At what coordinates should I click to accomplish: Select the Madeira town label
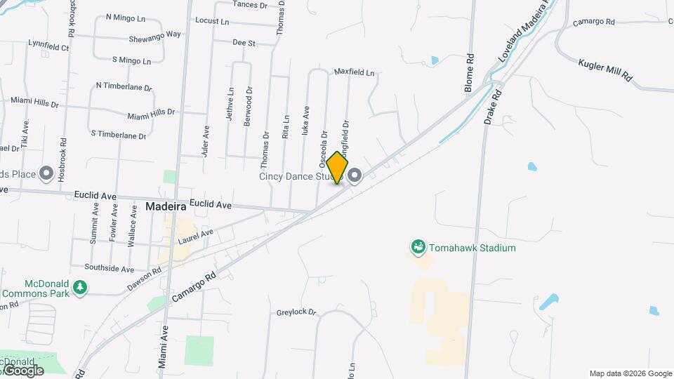166,207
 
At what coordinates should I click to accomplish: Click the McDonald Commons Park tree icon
81,287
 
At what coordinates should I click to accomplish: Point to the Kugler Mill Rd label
605,69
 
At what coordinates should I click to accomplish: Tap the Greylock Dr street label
296,312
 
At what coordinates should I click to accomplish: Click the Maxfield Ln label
354,72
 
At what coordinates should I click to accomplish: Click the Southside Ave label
109,269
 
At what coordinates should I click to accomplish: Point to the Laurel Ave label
195,237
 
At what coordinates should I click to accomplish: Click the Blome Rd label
469,74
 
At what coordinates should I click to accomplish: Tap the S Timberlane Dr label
118,134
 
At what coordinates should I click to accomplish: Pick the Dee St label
243,43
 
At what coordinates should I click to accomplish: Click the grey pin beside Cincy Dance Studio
355,176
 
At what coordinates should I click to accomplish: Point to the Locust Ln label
212,21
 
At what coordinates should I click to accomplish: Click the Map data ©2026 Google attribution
630,373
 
